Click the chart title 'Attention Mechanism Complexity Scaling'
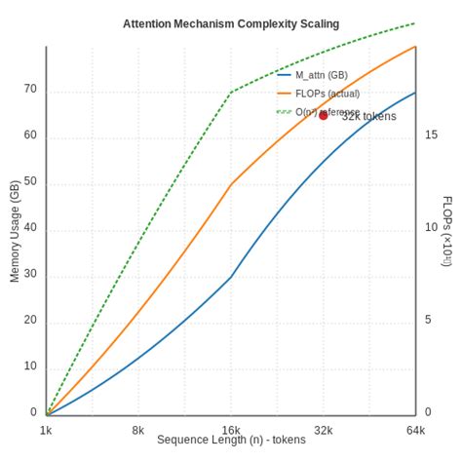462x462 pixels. click(231, 23)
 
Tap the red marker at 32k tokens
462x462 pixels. click(324, 115)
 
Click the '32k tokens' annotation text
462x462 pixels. click(369, 116)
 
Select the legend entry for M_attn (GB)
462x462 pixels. click(321, 75)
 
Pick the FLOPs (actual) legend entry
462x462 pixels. click(327, 94)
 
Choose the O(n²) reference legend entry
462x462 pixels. click(327, 112)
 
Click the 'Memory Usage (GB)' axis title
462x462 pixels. click(15, 231)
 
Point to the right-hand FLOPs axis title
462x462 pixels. click(446, 231)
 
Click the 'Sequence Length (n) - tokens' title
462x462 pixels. click(231, 441)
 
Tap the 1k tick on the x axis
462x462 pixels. click(46, 430)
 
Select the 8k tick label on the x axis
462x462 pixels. click(138, 430)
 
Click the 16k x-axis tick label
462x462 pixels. click(231, 430)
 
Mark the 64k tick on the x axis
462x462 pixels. click(416, 430)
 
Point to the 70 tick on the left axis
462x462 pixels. click(30, 89)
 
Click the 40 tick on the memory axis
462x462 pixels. click(30, 228)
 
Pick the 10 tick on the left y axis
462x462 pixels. click(30, 366)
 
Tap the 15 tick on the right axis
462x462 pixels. click(432, 135)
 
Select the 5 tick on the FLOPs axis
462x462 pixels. click(429, 320)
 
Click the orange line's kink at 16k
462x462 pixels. click(231, 184)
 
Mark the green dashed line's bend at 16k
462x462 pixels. click(231, 92)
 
